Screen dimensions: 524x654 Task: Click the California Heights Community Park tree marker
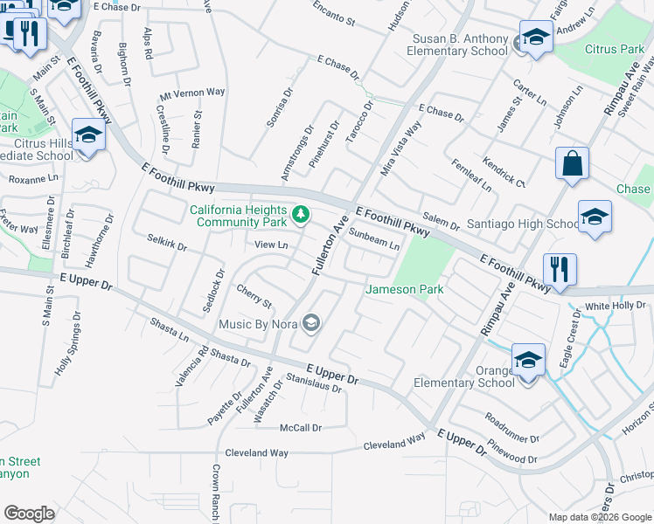(x=301, y=214)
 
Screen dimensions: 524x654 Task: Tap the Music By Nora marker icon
(x=310, y=325)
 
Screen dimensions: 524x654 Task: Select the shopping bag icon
(x=572, y=163)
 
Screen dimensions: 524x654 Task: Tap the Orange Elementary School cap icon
(x=527, y=360)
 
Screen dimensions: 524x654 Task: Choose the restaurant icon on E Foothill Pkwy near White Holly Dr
(x=559, y=269)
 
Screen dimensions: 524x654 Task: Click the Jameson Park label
(x=404, y=289)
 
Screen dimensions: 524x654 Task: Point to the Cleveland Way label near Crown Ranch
(x=256, y=453)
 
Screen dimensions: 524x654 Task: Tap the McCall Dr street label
(x=301, y=428)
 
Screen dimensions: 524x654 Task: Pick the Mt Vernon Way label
(x=192, y=92)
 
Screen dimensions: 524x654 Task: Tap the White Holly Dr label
(x=615, y=306)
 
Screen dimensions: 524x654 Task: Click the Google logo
(x=29, y=514)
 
